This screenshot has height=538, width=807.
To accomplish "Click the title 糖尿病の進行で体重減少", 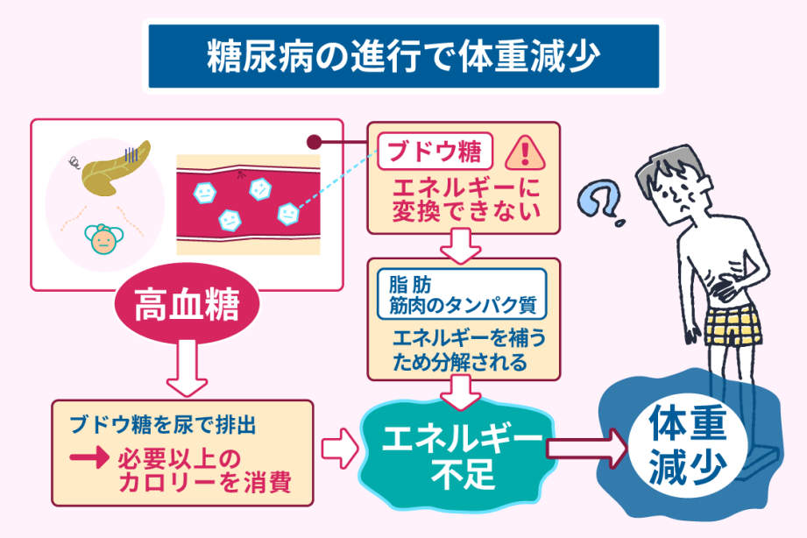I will pyautogui.click(x=403, y=56).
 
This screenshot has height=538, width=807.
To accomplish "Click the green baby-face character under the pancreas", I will pyautogui.click(x=103, y=238).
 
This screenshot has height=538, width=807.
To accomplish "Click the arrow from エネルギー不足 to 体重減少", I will pyautogui.click(x=586, y=449).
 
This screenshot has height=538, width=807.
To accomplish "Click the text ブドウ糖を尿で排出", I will pyautogui.click(x=163, y=428).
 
